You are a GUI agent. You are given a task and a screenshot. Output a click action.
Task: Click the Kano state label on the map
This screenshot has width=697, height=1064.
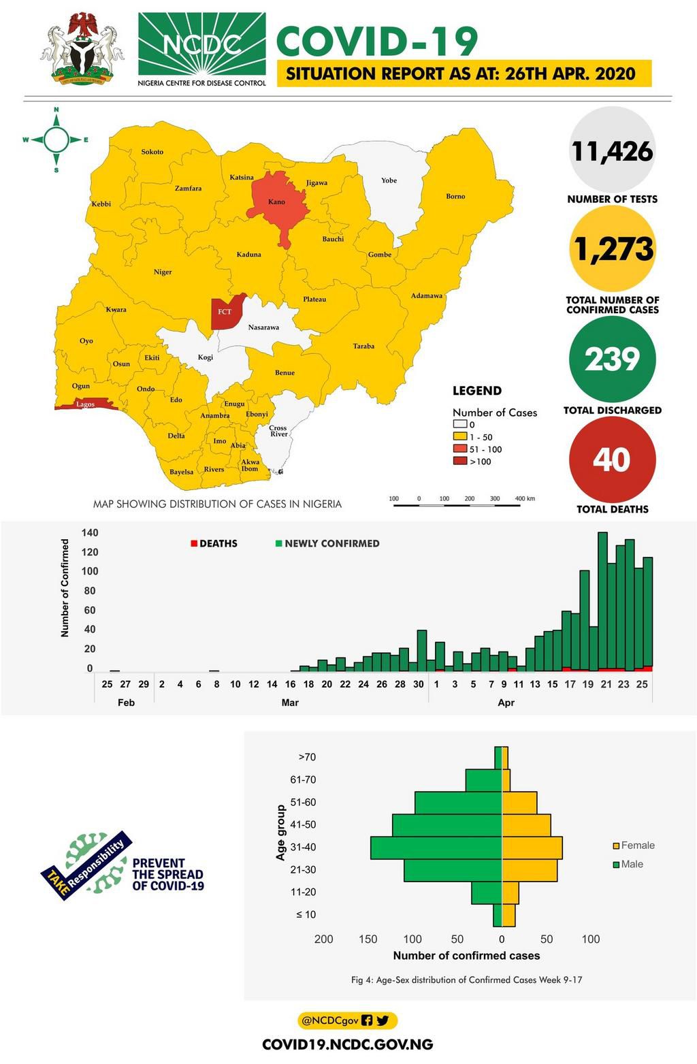point(276,202)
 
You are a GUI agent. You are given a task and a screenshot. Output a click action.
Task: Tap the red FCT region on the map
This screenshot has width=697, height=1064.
point(225,312)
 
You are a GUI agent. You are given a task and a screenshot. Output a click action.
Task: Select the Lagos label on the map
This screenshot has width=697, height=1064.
point(86,404)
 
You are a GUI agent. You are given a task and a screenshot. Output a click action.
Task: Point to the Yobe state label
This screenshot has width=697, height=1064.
point(389,180)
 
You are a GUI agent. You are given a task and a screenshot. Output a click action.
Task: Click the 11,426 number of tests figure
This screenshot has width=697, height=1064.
point(612,151)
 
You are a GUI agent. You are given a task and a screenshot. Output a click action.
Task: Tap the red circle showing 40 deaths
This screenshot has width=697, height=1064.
point(612,460)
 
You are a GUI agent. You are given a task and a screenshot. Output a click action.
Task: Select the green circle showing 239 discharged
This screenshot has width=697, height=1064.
point(612,359)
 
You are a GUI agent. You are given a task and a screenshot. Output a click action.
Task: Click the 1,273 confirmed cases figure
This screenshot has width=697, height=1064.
point(612,249)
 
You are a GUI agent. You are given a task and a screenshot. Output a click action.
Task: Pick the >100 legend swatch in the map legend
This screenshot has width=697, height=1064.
point(460,462)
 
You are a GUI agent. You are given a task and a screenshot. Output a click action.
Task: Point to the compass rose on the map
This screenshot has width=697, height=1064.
point(56,140)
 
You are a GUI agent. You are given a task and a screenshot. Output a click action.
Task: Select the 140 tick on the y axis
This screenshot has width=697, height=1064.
point(90,533)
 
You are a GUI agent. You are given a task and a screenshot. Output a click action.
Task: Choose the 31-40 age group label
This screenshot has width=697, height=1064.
point(303,848)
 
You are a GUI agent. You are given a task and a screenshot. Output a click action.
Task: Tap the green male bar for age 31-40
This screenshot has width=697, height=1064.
point(436,848)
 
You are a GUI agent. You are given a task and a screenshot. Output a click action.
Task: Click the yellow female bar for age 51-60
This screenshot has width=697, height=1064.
point(519,803)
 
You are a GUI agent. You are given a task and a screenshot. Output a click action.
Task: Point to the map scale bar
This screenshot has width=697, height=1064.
point(457,505)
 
